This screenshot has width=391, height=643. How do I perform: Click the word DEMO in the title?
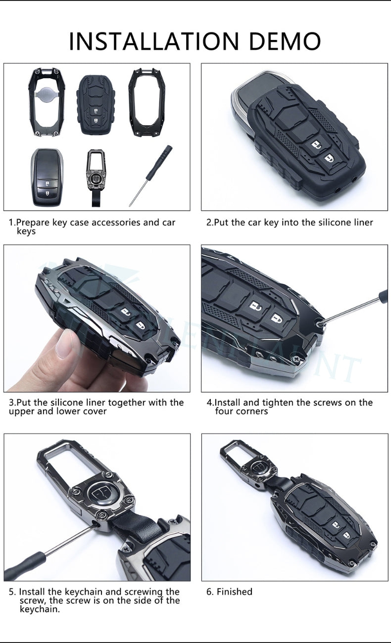[x=285, y=41]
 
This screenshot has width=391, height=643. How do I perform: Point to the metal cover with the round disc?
[x=46, y=103]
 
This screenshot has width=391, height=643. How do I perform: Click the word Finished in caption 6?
[x=234, y=592]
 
